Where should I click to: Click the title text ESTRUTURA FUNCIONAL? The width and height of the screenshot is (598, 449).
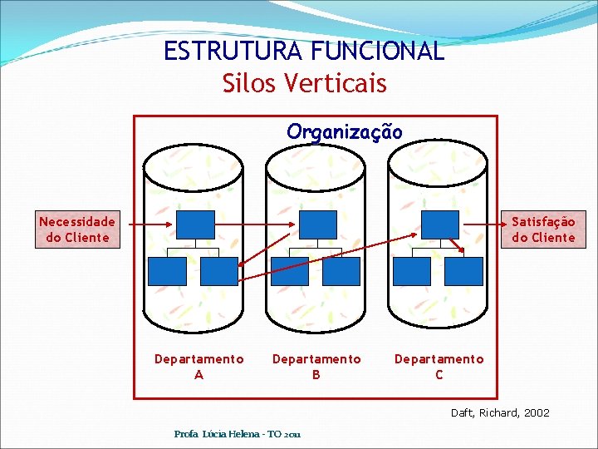click(x=304, y=52)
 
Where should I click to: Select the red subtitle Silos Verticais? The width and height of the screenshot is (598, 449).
click(x=304, y=83)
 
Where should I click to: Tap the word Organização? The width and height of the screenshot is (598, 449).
click(x=345, y=131)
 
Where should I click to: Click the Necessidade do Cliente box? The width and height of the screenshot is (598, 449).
click(x=77, y=229)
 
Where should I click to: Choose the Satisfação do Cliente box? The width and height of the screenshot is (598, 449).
click(x=543, y=229)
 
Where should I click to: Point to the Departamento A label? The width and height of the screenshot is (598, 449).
click(x=199, y=367)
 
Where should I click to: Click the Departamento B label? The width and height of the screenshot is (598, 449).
click(x=316, y=367)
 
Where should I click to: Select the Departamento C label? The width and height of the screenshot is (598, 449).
click(x=439, y=367)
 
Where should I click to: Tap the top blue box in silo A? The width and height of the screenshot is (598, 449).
click(x=195, y=224)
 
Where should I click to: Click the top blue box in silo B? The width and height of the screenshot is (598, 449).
click(x=317, y=224)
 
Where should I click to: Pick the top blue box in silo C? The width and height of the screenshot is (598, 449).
click(x=439, y=224)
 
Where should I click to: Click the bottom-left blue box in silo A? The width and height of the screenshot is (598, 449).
click(x=166, y=271)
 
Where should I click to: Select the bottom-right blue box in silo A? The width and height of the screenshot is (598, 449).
click(x=218, y=271)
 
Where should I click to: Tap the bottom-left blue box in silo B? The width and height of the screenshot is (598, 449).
click(x=289, y=271)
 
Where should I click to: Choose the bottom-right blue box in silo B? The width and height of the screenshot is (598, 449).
click(x=341, y=271)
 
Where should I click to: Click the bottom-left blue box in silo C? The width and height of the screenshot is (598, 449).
click(x=412, y=271)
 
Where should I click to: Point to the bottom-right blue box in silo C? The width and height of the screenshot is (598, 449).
click(x=463, y=271)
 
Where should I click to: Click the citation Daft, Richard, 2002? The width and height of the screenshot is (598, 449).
click(x=500, y=412)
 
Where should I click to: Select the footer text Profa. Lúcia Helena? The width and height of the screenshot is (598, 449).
click(x=238, y=434)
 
